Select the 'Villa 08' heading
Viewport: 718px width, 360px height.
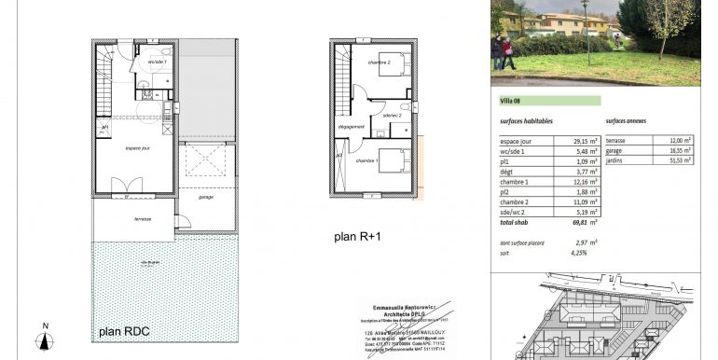511,101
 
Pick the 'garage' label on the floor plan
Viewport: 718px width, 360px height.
206,197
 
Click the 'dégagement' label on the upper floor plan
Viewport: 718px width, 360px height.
351,126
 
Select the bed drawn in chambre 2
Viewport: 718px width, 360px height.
393,64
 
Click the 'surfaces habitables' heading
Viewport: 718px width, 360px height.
526,121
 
